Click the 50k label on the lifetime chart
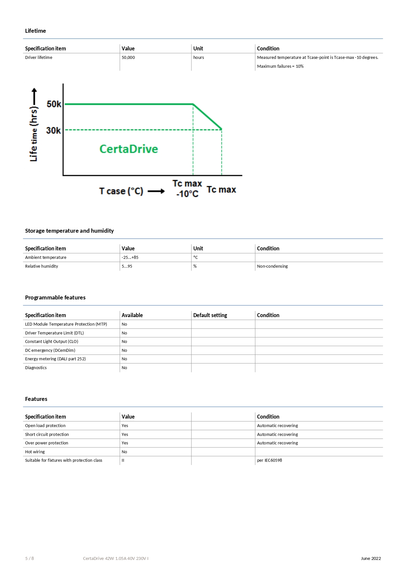54,104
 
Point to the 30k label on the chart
53,131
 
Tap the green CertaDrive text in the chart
129,149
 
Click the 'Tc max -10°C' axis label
187,188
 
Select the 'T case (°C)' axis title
121,191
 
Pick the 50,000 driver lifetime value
128,58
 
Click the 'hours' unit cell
199,58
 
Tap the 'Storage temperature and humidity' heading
69,231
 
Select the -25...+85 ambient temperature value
130,258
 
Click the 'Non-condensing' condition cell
272,266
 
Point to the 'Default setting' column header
210,315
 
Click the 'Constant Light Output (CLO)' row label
52,342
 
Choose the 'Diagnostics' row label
36,368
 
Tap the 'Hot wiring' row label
35,452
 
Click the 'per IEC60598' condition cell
269,460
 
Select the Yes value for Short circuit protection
125,435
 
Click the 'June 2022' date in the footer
371,559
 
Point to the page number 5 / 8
29,559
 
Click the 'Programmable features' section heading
55,297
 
